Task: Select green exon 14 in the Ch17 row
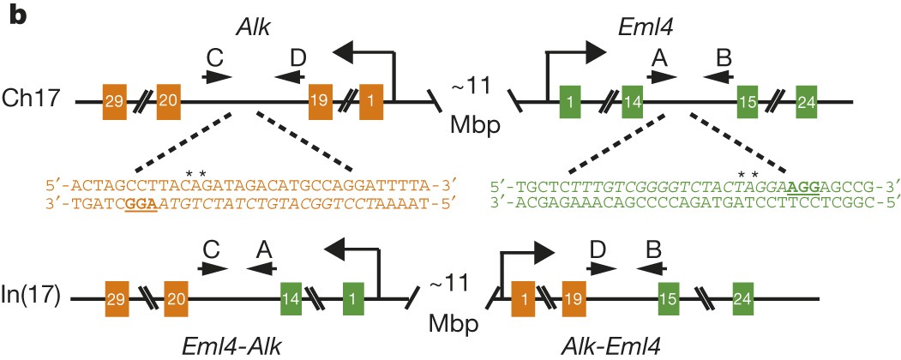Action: click(634, 102)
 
